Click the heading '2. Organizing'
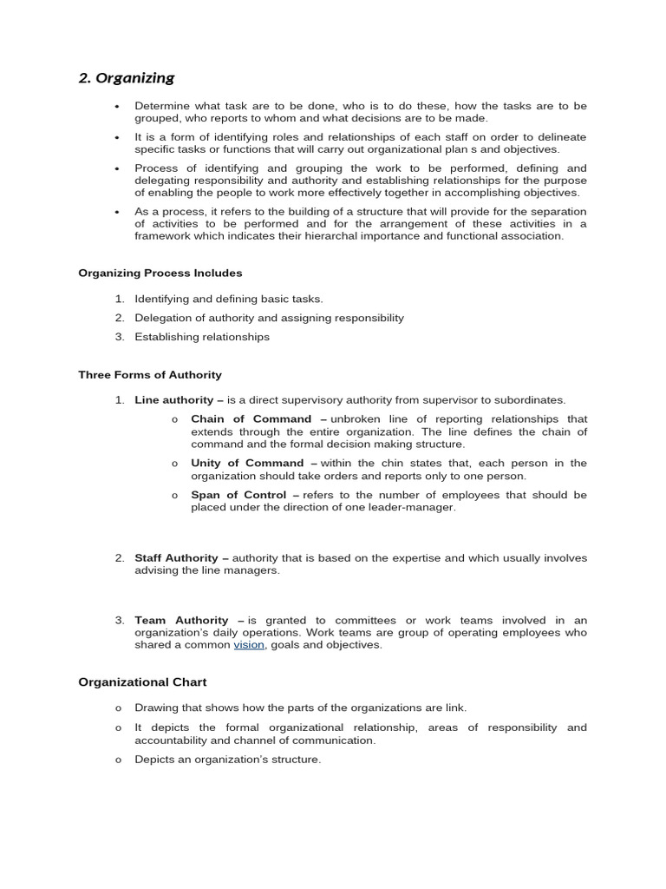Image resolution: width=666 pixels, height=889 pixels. (x=127, y=78)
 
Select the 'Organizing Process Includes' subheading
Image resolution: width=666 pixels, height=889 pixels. (x=160, y=273)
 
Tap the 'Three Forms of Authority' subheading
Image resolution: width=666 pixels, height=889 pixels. (x=150, y=375)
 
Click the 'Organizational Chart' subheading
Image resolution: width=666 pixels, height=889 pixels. (x=142, y=682)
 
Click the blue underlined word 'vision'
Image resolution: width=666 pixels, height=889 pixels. (x=249, y=645)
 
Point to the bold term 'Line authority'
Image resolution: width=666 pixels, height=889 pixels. (x=173, y=400)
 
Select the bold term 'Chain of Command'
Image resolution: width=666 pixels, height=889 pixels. (x=251, y=419)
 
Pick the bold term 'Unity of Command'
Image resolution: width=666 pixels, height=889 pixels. (x=247, y=464)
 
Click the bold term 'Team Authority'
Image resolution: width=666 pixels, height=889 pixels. (x=181, y=621)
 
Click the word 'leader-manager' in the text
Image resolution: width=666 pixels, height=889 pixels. (x=412, y=507)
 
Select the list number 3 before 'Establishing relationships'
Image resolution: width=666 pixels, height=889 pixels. (x=119, y=337)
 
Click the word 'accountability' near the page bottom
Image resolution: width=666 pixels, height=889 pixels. (x=173, y=741)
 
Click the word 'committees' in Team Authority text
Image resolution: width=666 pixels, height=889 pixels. (x=358, y=621)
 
